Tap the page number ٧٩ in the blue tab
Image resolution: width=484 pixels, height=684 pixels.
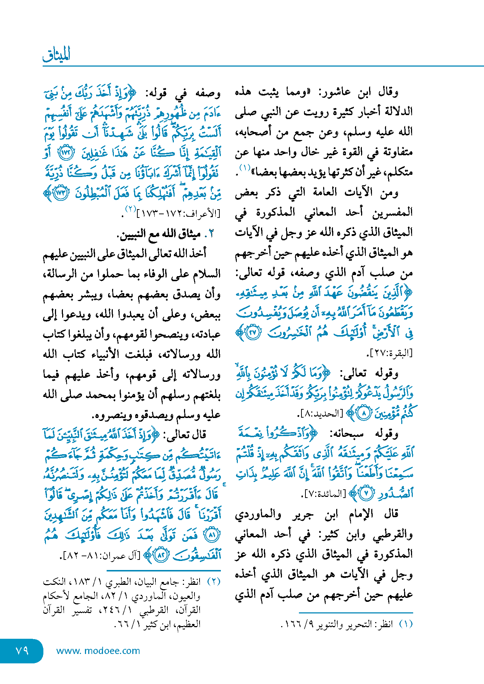(x=22, y=650)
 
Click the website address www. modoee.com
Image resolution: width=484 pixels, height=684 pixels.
(x=98, y=651)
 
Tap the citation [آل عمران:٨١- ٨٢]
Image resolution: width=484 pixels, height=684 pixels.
(x=102, y=555)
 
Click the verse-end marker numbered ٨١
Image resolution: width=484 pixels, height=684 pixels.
(x=212, y=535)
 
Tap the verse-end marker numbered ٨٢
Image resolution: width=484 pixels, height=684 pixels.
(x=161, y=555)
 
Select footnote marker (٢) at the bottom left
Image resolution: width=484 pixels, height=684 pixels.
(x=213, y=582)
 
